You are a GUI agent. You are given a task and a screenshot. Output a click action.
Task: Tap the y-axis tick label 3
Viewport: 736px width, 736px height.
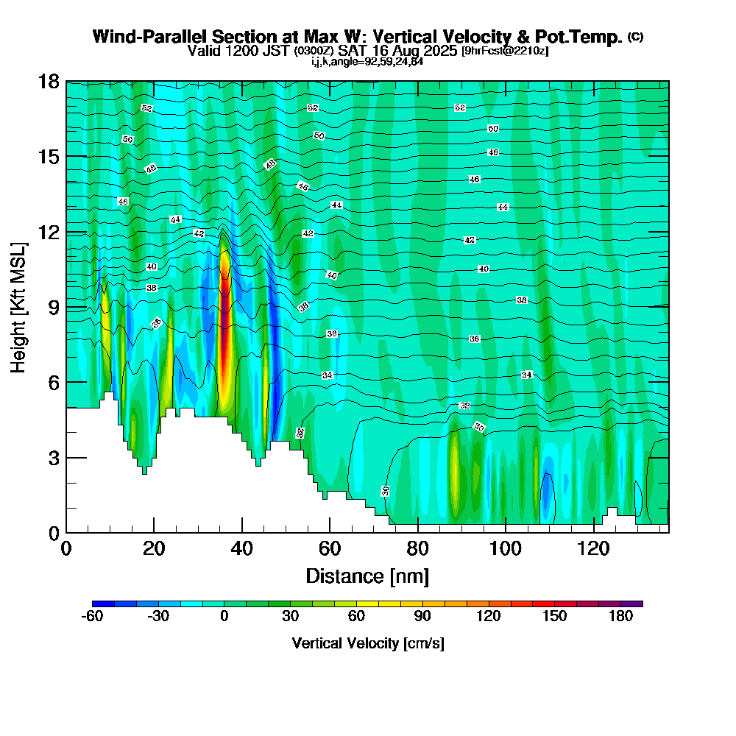53,457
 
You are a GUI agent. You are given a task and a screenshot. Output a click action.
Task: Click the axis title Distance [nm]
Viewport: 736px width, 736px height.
367,576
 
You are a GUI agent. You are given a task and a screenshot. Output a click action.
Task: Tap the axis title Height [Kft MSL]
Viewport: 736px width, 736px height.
18,306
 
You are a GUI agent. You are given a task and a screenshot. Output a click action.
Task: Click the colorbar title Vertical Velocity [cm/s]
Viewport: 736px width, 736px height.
367,643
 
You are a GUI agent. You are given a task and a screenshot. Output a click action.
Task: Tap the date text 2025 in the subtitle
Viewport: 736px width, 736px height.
436,52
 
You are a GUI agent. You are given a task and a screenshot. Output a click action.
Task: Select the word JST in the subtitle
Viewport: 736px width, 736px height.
275,52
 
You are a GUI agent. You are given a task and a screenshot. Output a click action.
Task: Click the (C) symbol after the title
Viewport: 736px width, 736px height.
635,37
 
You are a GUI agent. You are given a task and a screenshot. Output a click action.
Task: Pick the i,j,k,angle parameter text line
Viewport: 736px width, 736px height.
367,61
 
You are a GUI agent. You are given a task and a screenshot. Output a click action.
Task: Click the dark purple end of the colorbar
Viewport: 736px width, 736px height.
637,604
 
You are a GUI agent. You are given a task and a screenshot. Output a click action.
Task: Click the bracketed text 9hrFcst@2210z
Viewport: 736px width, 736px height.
504,52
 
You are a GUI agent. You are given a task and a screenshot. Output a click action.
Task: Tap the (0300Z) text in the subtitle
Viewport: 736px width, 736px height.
314,52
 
